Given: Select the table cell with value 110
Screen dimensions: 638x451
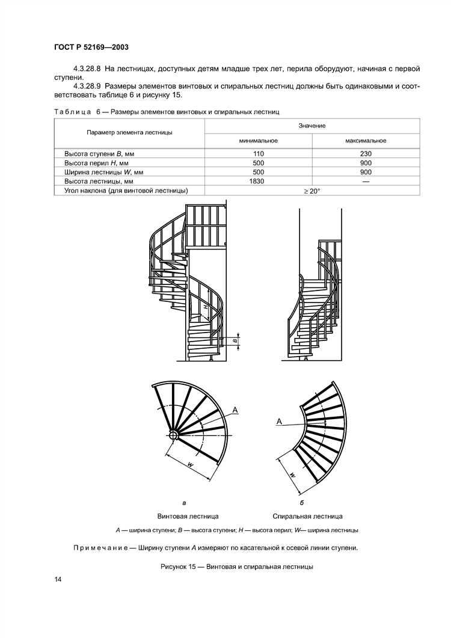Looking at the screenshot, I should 259,154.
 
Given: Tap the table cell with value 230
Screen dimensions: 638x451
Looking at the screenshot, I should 366,154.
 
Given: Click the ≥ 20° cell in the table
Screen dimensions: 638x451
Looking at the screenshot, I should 312,191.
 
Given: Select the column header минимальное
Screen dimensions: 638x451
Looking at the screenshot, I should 259,140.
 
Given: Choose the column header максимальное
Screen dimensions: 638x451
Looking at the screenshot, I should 366,140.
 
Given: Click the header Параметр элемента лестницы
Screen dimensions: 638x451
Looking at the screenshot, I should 129,132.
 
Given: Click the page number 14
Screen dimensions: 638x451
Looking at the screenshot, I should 58,579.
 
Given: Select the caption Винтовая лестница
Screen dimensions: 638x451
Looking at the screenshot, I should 188,516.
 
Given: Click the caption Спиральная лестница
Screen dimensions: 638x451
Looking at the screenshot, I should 307,516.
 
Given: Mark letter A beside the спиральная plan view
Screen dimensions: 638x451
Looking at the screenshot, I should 279,422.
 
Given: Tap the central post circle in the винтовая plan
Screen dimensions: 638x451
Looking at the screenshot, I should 173,435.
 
